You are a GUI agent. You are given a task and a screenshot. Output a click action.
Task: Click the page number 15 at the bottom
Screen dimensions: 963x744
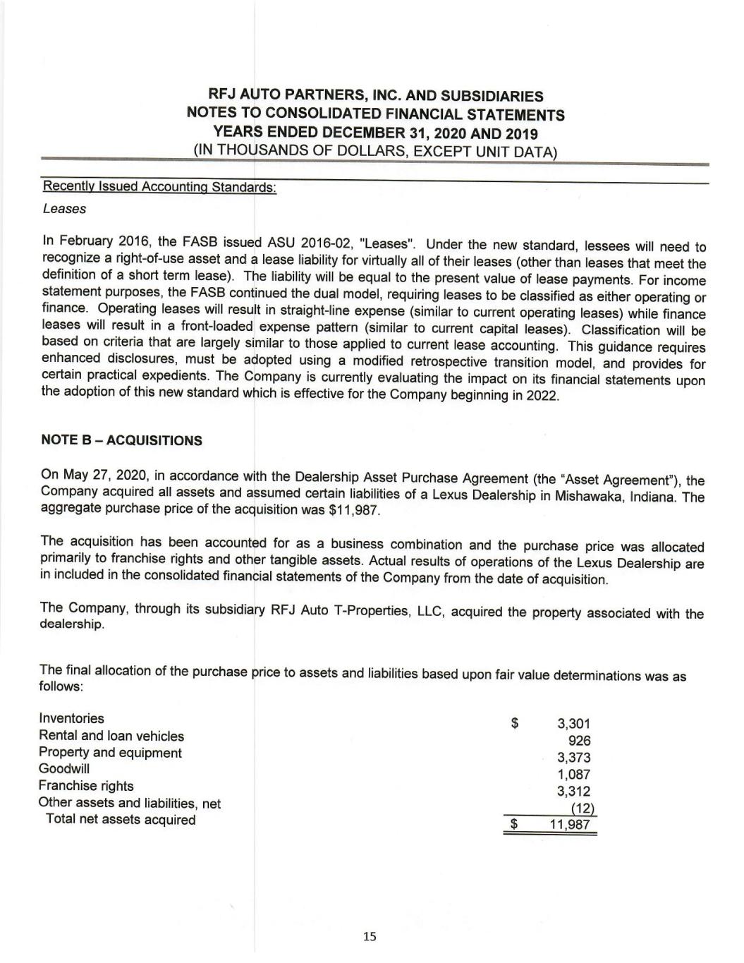tap(370, 937)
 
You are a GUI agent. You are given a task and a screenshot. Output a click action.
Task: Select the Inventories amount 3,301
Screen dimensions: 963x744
tap(573, 724)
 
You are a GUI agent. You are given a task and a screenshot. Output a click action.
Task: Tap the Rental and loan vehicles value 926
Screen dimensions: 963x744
tap(579, 741)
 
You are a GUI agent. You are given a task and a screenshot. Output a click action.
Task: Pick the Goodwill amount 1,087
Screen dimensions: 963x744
tap(573, 775)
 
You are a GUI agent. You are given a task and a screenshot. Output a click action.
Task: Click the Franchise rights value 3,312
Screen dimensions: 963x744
tap(573, 792)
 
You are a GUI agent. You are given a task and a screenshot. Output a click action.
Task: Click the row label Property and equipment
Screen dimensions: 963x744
tap(110, 753)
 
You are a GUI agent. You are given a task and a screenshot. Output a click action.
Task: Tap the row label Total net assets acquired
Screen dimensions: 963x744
tap(121, 820)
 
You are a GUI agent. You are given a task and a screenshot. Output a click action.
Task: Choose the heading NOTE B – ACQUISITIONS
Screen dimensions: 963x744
tap(121, 441)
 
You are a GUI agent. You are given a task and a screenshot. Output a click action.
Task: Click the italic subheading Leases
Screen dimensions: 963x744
tap(64, 210)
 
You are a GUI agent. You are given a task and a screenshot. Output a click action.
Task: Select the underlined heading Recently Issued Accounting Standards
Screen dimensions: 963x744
tap(159, 187)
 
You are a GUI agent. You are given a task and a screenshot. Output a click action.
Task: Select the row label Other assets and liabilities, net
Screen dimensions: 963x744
tap(130, 803)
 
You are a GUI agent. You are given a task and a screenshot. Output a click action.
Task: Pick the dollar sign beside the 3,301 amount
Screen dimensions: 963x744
tap(516, 723)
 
